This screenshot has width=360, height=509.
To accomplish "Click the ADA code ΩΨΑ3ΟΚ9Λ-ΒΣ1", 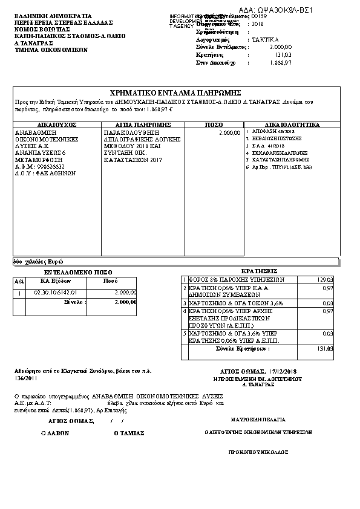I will (x=284, y=11).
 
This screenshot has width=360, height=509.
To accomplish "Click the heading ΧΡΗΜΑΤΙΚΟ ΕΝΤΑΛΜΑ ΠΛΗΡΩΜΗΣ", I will (x=176, y=92).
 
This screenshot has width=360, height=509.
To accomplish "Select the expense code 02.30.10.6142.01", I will (x=53, y=293).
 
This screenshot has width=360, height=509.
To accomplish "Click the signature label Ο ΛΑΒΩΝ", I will (x=55, y=433).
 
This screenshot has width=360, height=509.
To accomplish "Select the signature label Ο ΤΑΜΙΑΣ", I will (x=129, y=433).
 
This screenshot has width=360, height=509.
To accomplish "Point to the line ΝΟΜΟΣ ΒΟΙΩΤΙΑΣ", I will (x=39, y=29).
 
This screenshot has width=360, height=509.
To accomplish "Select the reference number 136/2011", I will (x=26, y=377).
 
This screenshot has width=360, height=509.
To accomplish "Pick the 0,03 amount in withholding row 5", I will (x=327, y=333).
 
